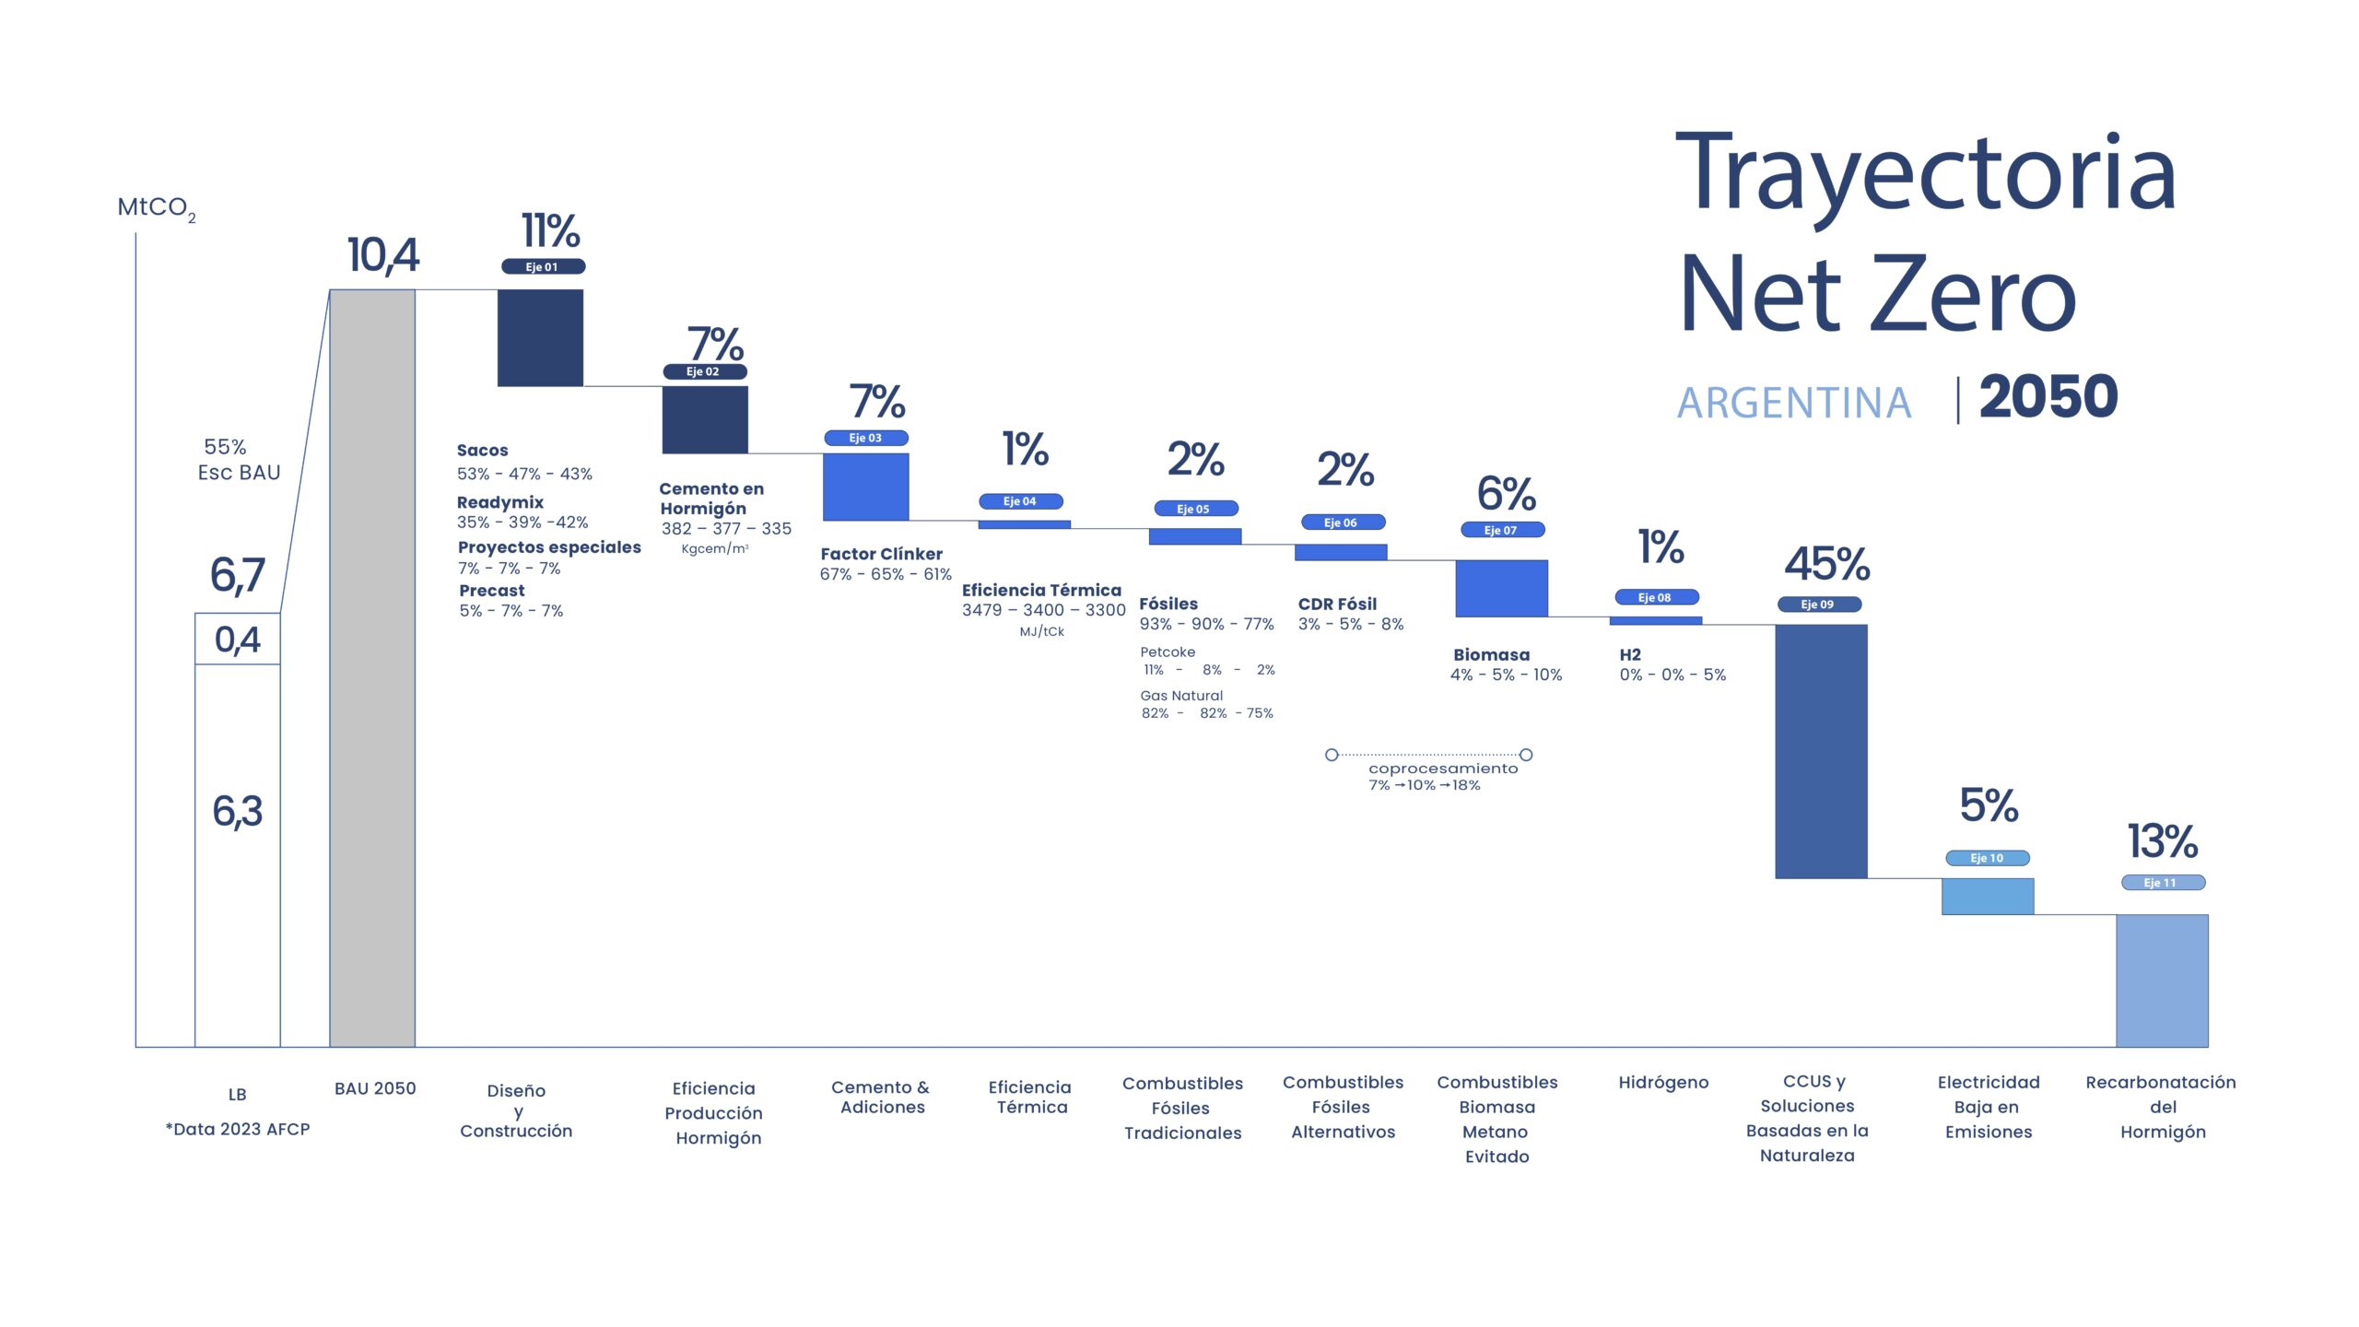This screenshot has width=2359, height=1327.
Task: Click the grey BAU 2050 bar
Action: (372, 668)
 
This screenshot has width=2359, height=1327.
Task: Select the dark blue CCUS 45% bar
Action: (1821, 751)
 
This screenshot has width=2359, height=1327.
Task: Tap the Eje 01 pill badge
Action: (543, 266)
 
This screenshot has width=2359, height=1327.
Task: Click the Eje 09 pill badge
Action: (1819, 605)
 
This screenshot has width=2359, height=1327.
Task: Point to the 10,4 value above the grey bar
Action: (382, 255)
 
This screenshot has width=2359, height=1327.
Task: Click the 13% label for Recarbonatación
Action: (2162, 840)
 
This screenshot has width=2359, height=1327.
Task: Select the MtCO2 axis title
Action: (156, 208)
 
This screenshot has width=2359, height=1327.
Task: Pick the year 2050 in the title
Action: (2048, 397)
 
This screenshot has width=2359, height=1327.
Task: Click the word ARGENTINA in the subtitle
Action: (1793, 403)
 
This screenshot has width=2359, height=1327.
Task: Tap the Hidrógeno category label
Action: (1663, 1083)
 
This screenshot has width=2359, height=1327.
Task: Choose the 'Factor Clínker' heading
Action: (881, 554)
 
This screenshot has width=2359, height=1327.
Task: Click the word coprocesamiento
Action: (1442, 769)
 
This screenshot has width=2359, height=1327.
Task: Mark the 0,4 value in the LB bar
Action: (237, 640)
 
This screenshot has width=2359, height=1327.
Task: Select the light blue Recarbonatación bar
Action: (2162, 981)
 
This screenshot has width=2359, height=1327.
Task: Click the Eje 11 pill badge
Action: (2163, 883)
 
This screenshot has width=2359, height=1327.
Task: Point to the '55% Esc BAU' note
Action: (239, 460)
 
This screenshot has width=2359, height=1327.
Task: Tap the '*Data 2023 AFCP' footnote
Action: (238, 1129)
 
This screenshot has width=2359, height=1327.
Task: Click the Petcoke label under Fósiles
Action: (1168, 652)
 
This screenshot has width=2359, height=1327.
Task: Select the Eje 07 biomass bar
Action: (1501, 588)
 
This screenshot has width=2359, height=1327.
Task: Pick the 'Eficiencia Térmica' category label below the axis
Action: (1030, 1097)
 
